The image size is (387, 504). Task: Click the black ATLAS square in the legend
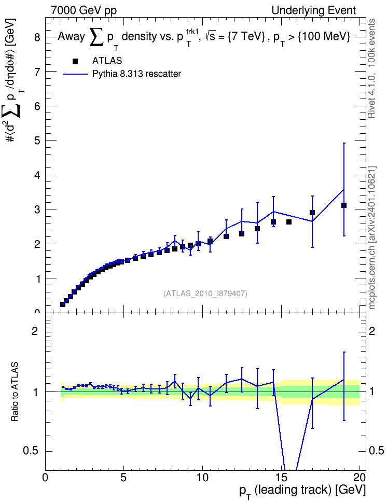[75, 61]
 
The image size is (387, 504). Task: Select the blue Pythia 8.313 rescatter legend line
[75, 74]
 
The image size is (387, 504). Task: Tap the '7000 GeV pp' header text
[84, 10]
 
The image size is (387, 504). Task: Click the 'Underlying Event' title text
[314, 10]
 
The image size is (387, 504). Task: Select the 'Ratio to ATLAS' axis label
[15, 392]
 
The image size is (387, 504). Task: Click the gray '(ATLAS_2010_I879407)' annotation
[205, 293]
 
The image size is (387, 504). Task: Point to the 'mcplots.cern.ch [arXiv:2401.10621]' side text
[372, 238]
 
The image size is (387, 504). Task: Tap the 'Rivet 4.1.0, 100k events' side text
[371, 68]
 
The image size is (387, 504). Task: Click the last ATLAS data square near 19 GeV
[344, 205]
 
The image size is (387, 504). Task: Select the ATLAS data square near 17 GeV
[312, 213]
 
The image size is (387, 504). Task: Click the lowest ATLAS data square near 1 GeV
[63, 304]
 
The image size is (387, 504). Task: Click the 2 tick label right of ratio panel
[372, 331]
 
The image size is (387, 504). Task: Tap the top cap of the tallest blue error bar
[344, 143]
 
